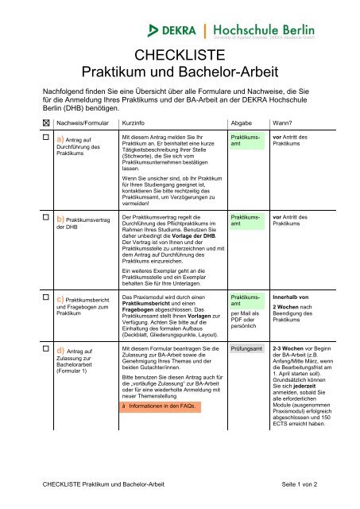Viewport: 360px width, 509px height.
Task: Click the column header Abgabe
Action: click(x=241, y=123)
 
